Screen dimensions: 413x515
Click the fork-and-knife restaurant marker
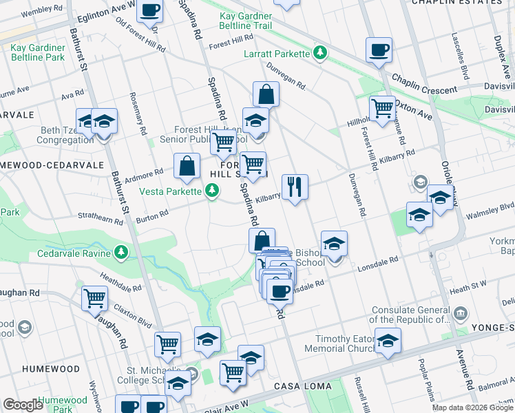tap(295, 186)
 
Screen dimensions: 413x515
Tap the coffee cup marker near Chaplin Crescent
tap(379, 50)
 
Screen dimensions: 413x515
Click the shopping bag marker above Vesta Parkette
tap(187, 165)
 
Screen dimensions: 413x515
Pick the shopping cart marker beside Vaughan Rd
tap(94, 298)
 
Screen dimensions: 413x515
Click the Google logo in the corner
tap(23, 405)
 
